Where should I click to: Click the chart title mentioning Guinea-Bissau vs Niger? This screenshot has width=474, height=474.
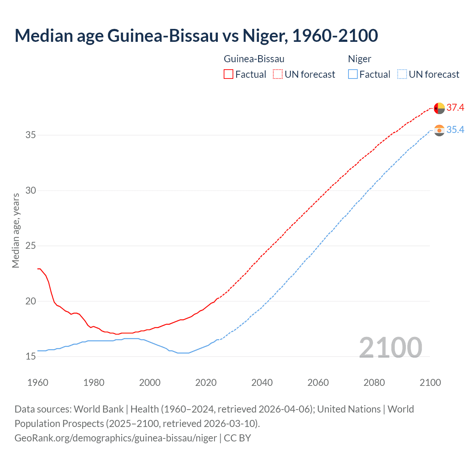[196, 36]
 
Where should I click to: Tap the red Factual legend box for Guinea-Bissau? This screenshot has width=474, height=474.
[228, 74]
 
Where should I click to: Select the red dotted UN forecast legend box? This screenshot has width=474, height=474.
[278, 74]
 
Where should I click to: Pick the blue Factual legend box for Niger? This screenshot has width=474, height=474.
[353, 74]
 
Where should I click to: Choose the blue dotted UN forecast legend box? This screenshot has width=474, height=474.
[402, 74]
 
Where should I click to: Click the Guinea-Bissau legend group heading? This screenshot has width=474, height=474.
[254, 59]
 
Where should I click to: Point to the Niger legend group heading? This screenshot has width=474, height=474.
[360, 59]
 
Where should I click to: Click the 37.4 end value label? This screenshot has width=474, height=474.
[455, 108]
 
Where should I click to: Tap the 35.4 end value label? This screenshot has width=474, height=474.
[455, 130]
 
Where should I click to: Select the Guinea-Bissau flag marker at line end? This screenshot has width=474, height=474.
[439, 109]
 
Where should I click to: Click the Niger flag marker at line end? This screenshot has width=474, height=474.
[439, 130]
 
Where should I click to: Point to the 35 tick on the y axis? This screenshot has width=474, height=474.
[31, 135]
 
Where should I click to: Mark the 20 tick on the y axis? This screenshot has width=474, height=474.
[31, 301]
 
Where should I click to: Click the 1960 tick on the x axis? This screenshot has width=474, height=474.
[38, 383]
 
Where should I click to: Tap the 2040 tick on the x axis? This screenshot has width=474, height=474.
[262, 383]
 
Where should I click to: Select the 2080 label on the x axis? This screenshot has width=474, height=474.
[374, 383]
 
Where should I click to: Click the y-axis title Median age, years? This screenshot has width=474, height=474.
[16, 230]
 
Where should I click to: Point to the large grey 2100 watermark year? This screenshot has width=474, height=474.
[390, 347]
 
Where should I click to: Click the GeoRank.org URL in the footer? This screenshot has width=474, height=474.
[116, 438]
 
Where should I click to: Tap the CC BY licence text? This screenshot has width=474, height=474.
[237, 438]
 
